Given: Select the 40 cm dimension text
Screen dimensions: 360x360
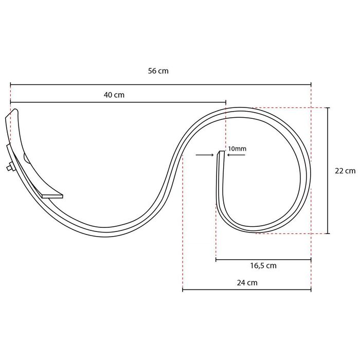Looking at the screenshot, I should pos(114,95).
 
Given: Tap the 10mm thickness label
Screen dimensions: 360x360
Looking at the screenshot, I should pos(237,149).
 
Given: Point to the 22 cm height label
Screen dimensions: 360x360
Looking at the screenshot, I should pos(345,171).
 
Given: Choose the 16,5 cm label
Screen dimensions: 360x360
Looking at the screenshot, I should pos(263,266).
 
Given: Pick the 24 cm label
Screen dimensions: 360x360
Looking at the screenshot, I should pos(247,282).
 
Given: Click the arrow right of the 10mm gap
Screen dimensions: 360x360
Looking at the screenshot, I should pos(234,154).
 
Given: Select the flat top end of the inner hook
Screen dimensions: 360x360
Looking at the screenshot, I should pos(221,152).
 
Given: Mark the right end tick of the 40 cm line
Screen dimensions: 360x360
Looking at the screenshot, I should pos(226,102).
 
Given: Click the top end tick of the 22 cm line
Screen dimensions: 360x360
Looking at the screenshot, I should pos(328,107).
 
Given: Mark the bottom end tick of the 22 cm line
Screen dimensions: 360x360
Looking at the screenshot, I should pos(328,233).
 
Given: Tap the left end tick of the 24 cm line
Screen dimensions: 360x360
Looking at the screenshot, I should pos(183,290).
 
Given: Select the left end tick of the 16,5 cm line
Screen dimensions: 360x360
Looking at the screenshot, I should pos(216,260).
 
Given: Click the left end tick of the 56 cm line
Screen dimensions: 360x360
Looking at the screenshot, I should pos(10,84).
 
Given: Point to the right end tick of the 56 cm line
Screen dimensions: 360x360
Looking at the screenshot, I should pos(311,84).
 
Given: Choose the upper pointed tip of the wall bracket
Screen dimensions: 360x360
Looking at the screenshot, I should pos(13,110).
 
